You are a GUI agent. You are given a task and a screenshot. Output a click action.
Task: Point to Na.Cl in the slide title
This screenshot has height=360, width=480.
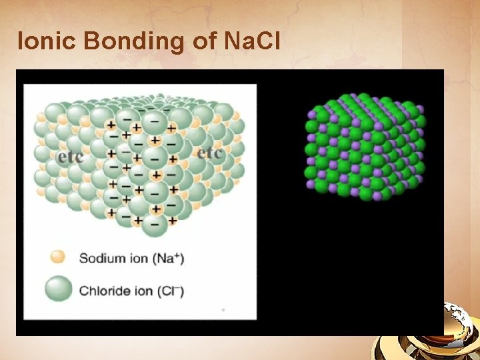[x=254, y=41]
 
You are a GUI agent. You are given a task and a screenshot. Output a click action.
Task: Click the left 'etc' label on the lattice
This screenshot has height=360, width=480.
[x=70, y=157]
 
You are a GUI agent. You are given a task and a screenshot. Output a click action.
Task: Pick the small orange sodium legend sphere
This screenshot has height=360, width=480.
[x=58, y=257]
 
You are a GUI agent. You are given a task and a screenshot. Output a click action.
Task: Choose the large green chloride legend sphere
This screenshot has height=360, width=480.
[x=58, y=289]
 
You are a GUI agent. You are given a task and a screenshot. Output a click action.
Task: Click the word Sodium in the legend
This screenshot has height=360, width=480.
[x=99, y=257]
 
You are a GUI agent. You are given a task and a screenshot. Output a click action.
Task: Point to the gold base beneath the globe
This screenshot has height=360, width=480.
[x=427, y=347]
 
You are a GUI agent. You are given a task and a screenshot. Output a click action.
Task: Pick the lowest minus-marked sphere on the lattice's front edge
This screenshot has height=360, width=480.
[x=155, y=225]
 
